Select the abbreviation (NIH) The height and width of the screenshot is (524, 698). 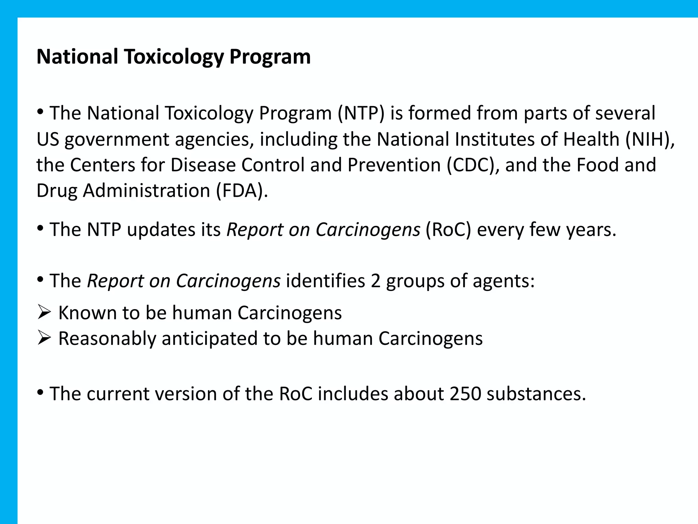coord(650,139)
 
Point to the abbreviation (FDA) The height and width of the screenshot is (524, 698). coord(242,191)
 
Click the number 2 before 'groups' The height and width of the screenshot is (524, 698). coord(376,281)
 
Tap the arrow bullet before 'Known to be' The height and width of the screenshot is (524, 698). coord(44,312)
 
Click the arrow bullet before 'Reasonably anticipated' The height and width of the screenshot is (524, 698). coord(44,338)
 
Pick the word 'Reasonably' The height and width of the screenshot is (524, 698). coord(107,339)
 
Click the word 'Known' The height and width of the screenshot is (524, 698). coord(88,313)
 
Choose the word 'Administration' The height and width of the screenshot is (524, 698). coord(147,191)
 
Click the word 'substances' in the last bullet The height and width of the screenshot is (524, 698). coord(536,394)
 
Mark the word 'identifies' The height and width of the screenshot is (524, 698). coord(325,281)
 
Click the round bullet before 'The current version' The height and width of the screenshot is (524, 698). coord(41,392)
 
